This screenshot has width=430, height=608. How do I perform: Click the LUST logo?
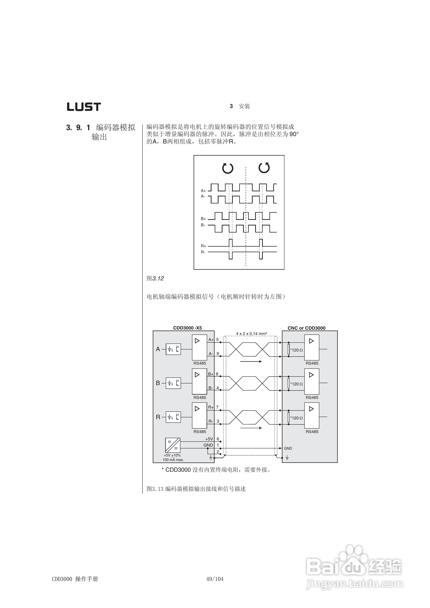[x=84, y=107]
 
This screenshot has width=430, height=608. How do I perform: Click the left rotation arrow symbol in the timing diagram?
[x=228, y=168]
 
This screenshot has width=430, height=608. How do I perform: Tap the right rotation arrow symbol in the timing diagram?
[x=264, y=168]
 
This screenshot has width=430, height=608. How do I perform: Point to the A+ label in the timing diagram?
[x=203, y=191]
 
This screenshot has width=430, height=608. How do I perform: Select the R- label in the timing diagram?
[x=203, y=252]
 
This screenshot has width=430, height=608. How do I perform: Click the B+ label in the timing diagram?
[x=203, y=219]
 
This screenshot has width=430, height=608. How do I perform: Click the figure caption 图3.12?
[x=155, y=278]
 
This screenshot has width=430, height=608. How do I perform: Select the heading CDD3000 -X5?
[x=187, y=328]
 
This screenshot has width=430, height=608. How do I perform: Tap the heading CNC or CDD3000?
[x=306, y=328]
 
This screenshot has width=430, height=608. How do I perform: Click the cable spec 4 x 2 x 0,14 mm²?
[x=251, y=334]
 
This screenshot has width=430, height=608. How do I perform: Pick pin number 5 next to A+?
[x=217, y=340]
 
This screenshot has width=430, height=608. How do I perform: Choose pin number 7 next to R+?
[x=217, y=407]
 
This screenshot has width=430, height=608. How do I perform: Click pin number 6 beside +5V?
[x=218, y=439]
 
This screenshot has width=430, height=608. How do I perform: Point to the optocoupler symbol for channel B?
[x=173, y=383]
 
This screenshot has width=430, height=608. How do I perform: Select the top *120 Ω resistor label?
[x=297, y=350]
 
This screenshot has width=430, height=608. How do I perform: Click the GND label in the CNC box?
[x=288, y=448]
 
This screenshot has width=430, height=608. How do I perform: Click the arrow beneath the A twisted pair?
[x=251, y=361]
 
